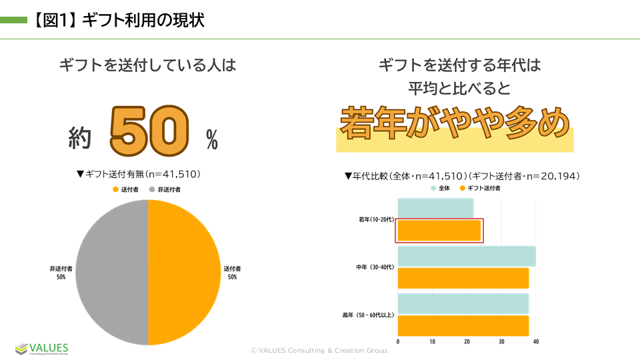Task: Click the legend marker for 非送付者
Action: pos(152,190)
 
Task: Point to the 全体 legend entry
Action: pos(441,188)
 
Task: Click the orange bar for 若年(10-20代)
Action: pos(439,231)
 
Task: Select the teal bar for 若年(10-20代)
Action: pos(435,208)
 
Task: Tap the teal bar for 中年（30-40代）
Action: pos(466,257)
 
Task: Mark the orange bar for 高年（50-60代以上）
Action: pos(463,325)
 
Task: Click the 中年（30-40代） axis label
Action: pos(375,267)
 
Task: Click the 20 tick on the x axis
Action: pos(467,342)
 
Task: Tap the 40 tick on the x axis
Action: pos(535,342)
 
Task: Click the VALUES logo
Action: pos(42,349)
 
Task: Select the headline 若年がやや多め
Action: pos(455,123)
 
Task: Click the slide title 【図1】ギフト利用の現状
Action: pos(117,20)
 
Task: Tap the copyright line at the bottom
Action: pos(319,350)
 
